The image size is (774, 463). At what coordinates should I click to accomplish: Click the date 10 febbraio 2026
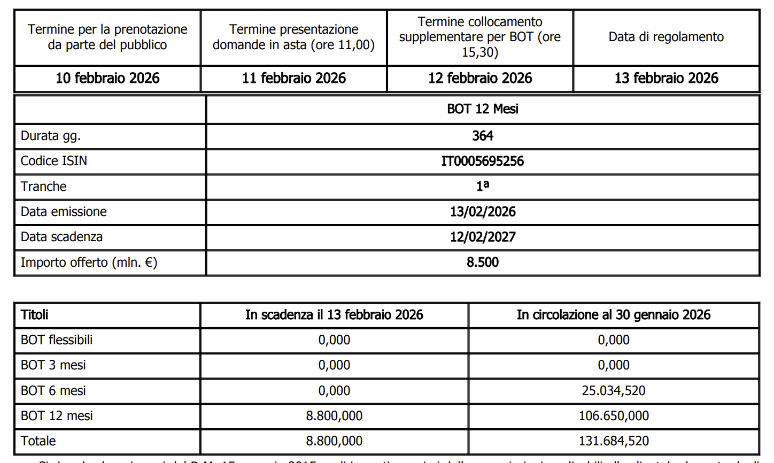[107, 79]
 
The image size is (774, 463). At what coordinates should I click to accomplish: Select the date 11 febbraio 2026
[293, 79]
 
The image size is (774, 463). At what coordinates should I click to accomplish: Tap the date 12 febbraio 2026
[480, 79]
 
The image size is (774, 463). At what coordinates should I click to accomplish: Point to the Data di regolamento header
[666, 37]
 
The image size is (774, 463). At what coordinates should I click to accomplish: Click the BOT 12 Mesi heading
[483, 109]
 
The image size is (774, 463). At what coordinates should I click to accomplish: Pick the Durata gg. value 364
[483, 136]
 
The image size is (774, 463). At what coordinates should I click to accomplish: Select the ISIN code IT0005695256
[483, 161]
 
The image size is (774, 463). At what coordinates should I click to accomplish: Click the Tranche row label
[44, 187]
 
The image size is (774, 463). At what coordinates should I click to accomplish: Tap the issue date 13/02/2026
[483, 212]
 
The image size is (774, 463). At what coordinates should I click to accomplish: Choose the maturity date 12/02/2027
[483, 237]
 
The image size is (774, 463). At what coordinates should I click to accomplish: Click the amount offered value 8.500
[483, 263]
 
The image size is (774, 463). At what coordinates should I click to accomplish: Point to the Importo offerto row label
[89, 263]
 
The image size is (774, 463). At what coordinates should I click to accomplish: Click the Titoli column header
[35, 315]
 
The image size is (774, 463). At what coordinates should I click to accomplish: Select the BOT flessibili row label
[57, 340]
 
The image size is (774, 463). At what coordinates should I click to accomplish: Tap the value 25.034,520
[614, 391]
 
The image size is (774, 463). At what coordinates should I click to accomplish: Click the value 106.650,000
[614, 416]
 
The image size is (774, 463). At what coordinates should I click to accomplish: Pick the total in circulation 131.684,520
[614, 441]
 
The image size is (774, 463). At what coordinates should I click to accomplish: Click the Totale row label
[38, 441]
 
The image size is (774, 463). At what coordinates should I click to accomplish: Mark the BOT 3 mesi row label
[53, 365]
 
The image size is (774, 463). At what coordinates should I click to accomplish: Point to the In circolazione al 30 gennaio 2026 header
[614, 315]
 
